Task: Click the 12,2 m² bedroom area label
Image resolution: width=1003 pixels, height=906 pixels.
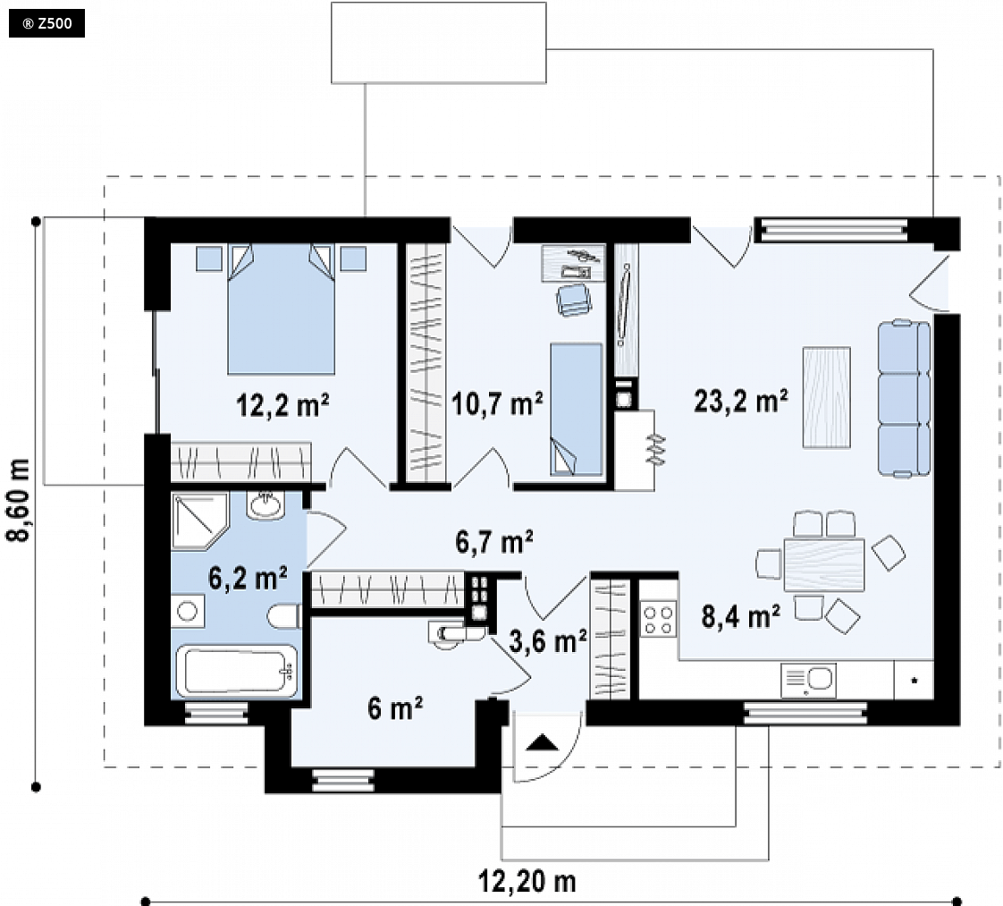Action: [282, 406]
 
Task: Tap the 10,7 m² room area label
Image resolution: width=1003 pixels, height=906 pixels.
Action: [497, 403]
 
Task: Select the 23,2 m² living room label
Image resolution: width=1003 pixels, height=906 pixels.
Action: [741, 402]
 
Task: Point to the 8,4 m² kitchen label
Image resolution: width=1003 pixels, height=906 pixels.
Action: [741, 617]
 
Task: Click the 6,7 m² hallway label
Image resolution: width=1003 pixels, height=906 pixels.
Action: [493, 542]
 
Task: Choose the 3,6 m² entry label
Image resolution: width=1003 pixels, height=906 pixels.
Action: [548, 640]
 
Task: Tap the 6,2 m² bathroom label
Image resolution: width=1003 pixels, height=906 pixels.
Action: [248, 578]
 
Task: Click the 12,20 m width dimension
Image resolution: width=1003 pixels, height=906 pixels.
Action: [527, 882]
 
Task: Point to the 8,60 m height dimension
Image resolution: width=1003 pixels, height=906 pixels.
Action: [19, 500]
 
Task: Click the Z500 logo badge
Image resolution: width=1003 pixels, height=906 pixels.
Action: [46, 24]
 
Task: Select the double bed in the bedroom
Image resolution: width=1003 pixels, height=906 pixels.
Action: [282, 309]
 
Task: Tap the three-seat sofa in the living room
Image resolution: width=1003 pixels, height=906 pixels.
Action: [905, 399]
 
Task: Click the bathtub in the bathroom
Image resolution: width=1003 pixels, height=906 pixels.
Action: [237, 671]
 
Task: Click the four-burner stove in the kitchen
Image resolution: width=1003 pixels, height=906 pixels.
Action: [659, 619]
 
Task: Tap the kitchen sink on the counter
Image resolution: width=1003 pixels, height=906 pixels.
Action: [808, 680]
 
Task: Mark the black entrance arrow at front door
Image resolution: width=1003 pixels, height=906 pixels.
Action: [543, 743]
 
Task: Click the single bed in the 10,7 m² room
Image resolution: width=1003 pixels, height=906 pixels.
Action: [577, 410]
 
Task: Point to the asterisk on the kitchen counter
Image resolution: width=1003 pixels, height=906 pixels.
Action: [914, 680]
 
